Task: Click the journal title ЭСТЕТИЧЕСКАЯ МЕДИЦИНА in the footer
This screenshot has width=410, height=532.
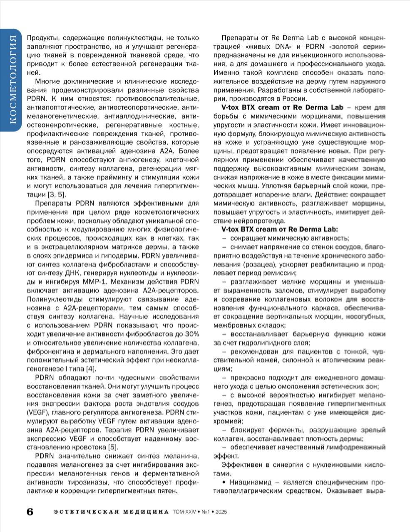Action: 111,512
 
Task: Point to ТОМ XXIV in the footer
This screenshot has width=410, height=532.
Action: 184,512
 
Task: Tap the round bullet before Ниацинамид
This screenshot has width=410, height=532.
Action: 224,482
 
